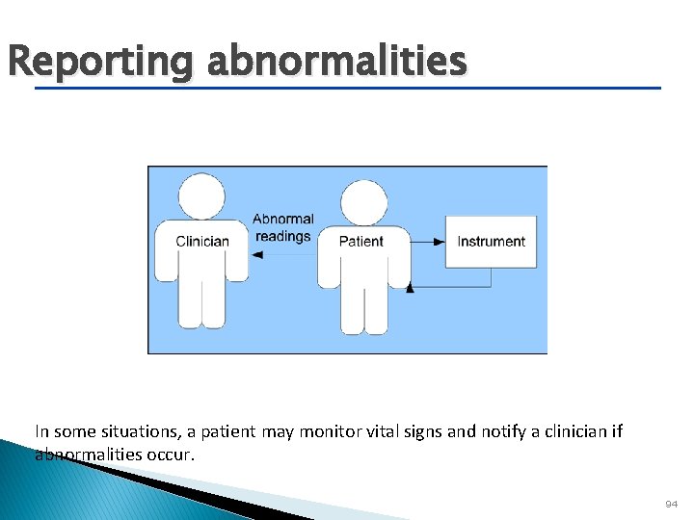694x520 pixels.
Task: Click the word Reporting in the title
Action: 100,62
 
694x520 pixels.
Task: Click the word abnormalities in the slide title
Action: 336,62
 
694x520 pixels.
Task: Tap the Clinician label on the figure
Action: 202,241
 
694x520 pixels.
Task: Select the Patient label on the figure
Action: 361,241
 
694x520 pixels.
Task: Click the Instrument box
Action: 491,241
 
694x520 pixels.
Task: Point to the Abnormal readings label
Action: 283,227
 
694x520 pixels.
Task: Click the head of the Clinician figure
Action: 202,195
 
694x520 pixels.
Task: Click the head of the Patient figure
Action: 363,203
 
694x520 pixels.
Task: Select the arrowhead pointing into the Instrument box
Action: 440,241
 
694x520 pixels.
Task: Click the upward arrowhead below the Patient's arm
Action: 411,285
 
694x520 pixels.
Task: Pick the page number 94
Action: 671,505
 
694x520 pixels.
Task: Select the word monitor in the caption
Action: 331,431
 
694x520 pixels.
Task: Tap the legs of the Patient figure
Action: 363,308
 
